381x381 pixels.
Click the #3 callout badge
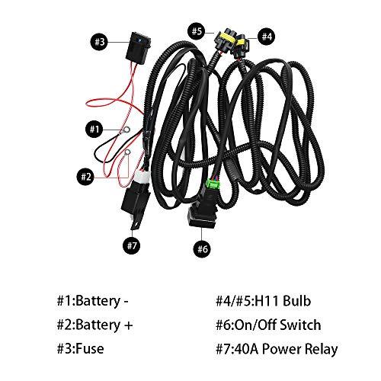[x=100, y=41]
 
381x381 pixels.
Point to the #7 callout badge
[x=132, y=245]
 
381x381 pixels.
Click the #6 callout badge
[x=201, y=248]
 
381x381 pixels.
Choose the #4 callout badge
[x=266, y=35]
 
